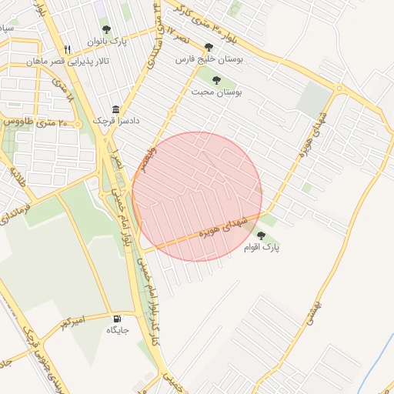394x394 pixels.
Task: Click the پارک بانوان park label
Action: [106, 41]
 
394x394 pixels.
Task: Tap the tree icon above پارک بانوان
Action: [106, 30]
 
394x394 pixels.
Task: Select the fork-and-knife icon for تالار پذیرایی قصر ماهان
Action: [68, 49]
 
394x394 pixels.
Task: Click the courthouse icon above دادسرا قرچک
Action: [115, 109]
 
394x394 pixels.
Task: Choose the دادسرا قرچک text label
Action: [112, 121]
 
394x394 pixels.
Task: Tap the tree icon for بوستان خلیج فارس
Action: [209, 48]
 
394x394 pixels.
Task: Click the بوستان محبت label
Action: [218, 91]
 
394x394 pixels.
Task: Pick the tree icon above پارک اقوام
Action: [261, 235]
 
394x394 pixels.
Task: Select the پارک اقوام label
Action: [262, 248]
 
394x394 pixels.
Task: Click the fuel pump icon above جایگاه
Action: [117, 319]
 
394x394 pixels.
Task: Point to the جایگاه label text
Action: [117, 330]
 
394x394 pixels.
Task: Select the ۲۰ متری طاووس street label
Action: [35, 122]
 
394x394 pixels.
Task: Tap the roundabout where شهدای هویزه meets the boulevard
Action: [339, 89]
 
